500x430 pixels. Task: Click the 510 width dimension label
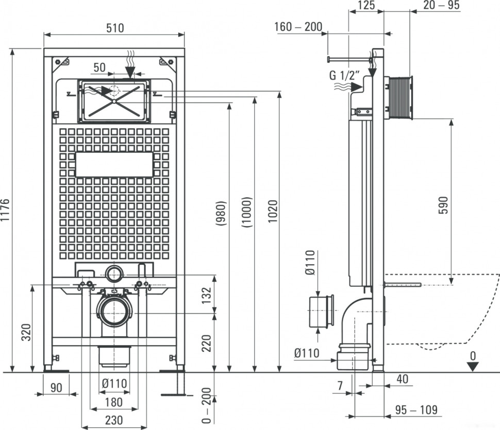[x=115, y=28]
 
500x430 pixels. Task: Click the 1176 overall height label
[x=6, y=210]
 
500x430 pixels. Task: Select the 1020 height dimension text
[x=273, y=211]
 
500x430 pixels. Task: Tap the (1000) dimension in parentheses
[x=247, y=212]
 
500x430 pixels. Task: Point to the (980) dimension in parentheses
[x=221, y=213]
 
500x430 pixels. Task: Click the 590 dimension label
[x=444, y=205]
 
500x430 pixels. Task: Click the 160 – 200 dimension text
[x=298, y=27]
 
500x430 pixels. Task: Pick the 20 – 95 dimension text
[x=441, y=5]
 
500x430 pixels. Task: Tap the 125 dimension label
[x=366, y=6]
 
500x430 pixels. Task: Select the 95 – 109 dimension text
[x=416, y=409]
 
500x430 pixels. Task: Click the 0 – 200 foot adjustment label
[x=207, y=405]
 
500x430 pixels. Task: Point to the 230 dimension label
[x=114, y=420]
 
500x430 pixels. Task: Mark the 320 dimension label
[x=26, y=332]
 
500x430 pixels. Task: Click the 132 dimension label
[x=207, y=295]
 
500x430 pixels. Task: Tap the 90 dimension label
[x=56, y=388]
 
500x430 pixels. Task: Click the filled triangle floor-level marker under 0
[x=473, y=367]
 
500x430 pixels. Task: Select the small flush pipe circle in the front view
[x=114, y=274]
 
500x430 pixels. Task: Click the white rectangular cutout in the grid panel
[x=114, y=164]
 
